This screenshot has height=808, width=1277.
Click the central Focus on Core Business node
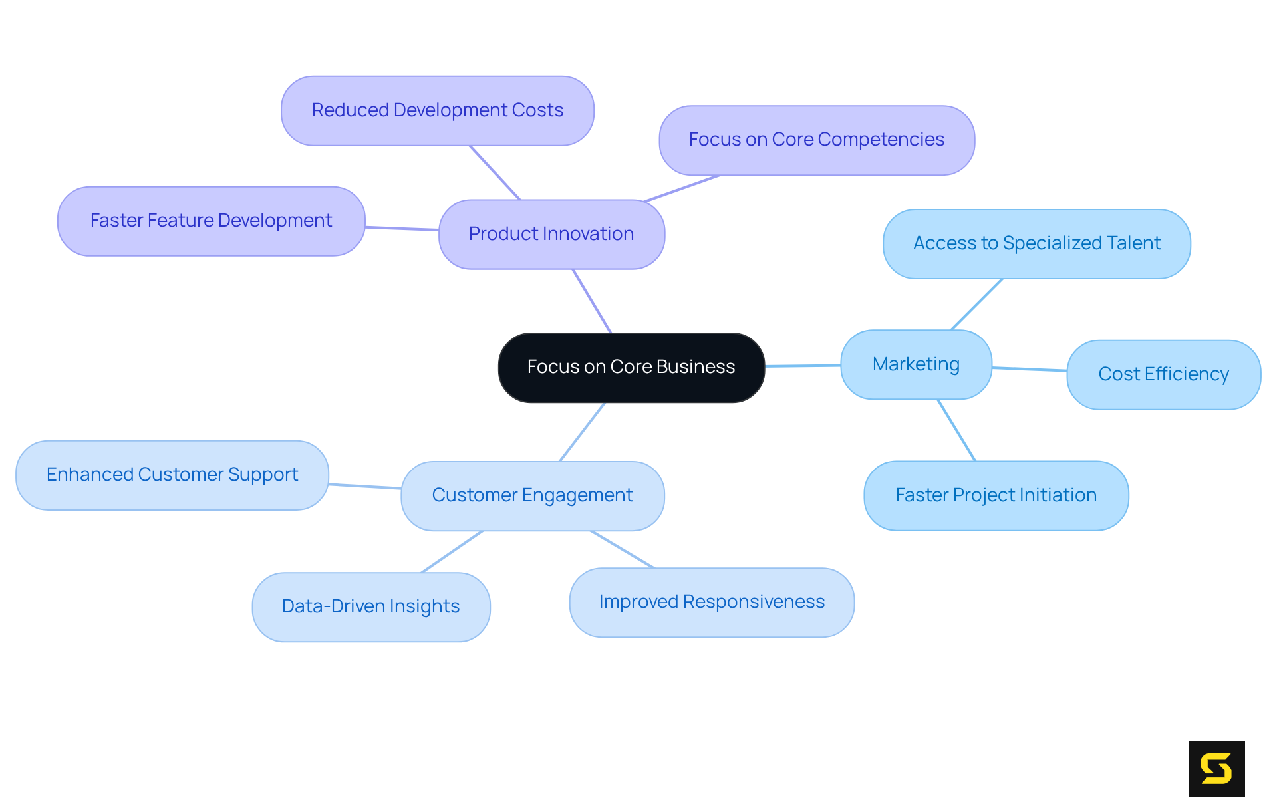pos(631,367)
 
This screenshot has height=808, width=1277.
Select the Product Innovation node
pos(551,234)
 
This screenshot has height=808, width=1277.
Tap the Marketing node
pos(916,364)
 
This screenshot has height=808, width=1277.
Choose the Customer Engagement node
pos(532,495)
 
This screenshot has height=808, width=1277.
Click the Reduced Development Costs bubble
pos(437,110)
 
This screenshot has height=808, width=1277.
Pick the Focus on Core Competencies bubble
pos(816,140)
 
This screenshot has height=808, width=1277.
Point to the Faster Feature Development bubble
pos(211,221)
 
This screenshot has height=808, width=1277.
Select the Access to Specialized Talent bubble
pos(1036,243)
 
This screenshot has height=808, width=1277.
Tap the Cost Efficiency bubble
pos(1163,374)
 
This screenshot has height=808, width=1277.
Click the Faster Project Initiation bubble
pos(996,495)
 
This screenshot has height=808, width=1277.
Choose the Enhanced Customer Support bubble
pos(172,475)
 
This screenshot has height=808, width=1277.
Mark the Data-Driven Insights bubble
pos(370,606)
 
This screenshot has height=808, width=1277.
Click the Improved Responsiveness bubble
pos(712,602)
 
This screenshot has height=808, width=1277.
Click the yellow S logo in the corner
pos(1216,769)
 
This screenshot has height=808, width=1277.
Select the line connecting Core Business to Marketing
pos(803,366)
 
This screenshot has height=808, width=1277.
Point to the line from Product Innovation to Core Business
pos(592,301)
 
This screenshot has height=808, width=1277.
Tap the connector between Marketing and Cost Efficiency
pos(1030,369)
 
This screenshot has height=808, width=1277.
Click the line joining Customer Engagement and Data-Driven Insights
pos(452,551)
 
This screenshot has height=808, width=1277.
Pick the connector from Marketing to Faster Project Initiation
pos(956,430)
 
